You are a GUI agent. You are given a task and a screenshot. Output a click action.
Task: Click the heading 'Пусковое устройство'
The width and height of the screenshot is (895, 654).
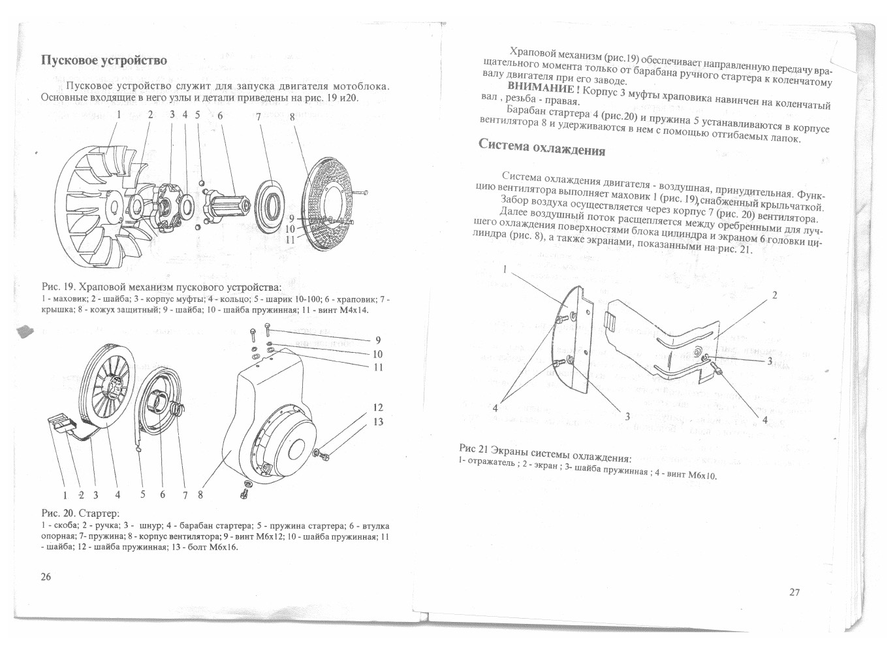pyautogui.click(x=104, y=60)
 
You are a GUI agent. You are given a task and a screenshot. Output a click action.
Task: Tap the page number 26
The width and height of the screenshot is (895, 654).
pyautogui.click(x=46, y=576)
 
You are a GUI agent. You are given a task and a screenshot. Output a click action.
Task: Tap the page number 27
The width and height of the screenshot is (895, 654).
pyautogui.click(x=794, y=592)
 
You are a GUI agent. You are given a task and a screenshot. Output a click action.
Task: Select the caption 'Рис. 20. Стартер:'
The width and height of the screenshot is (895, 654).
pyautogui.click(x=80, y=513)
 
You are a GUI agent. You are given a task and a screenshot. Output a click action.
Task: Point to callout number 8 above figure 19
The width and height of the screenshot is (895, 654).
pyautogui.click(x=292, y=117)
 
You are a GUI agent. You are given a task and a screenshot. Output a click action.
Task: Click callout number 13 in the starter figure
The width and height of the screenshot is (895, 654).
pyautogui.click(x=377, y=421)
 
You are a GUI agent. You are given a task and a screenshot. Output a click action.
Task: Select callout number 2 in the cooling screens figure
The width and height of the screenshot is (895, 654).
pyautogui.click(x=775, y=295)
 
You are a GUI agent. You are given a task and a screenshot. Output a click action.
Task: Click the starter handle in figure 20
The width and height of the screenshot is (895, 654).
pyautogui.click(x=61, y=423)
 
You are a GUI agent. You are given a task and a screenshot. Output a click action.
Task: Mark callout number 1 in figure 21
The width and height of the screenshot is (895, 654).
pyautogui.click(x=505, y=269)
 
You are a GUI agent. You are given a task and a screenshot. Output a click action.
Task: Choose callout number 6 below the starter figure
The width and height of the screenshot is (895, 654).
pyautogui.click(x=162, y=495)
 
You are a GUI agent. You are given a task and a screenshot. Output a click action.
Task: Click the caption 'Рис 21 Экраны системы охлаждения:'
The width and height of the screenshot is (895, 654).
pyautogui.click(x=545, y=453)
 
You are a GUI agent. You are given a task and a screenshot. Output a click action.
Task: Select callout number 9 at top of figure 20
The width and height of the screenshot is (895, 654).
pyautogui.click(x=378, y=340)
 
